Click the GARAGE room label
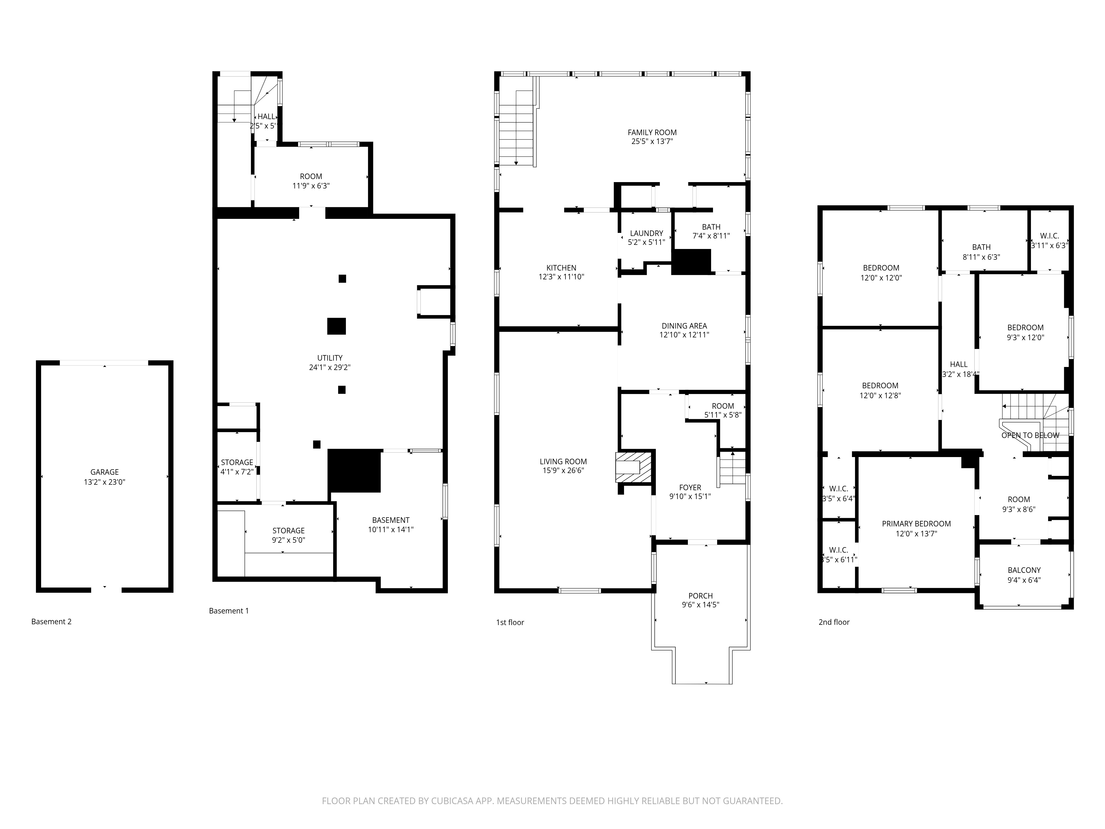click(x=104, y=472)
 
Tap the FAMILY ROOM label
click(x=652, y=132)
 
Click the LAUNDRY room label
click(x=646, y=233)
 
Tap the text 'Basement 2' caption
click(x=51, y=622)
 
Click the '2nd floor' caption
click(x=834, y=622)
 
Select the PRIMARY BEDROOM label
click(x=916, y=524)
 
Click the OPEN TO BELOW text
click(x=1030, y=435)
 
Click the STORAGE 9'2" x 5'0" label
click(x=288, y=535)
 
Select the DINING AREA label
click(x=684, y=326)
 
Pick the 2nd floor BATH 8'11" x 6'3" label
click(x=981, y=252)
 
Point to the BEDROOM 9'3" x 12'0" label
click(x=1025, y=332)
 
